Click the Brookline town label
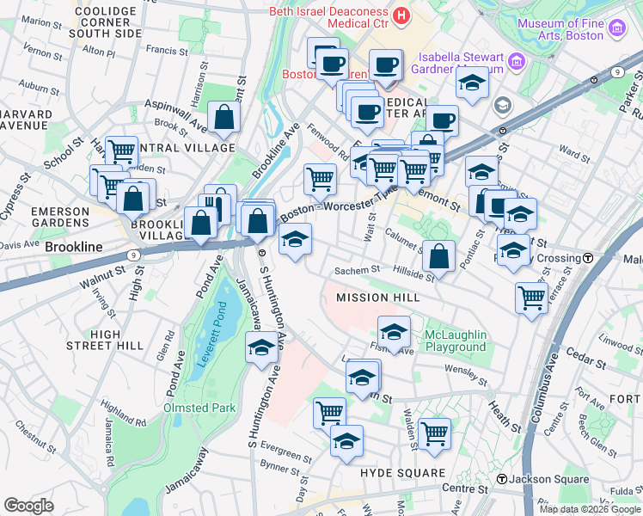(x=74, y=247)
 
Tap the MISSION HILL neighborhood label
(x=377, y=298)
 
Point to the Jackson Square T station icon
(x=500, y=478)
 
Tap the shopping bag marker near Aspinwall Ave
(x=224, y=120)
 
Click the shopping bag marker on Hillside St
(x=438, y=255)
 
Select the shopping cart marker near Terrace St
(x=531, y=298)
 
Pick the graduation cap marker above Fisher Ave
(x=394, y=331)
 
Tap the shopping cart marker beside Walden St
(x=434, y=433)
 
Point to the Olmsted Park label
(x=194, y=407)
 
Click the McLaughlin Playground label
(x=456, y=341)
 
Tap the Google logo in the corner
(x=28, y=506)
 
